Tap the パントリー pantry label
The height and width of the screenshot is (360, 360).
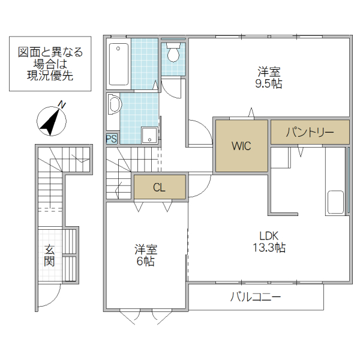pyautogui.click(x=309, y=132)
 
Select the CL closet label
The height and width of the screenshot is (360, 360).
pyautogui.click(x=159, y=187)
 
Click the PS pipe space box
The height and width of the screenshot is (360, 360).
pyautogui.click(x=112, y=139)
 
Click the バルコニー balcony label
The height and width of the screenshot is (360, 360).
pyautogui.click(x=256, y=297)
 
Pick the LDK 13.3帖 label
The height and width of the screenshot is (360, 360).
pyautogui.click(x=272, y=241)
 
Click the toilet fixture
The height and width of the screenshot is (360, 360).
pyautogui.click(x=174, y=53)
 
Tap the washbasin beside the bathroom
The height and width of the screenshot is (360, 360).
pyautogui.click(x=113, y=106)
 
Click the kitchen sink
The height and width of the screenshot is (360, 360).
pyautogui.click(x=335, y=202)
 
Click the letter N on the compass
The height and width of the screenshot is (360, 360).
pyautogui.click(x=62, y=105)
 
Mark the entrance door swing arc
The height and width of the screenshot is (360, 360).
pyautogui.click(x=50, y=296)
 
